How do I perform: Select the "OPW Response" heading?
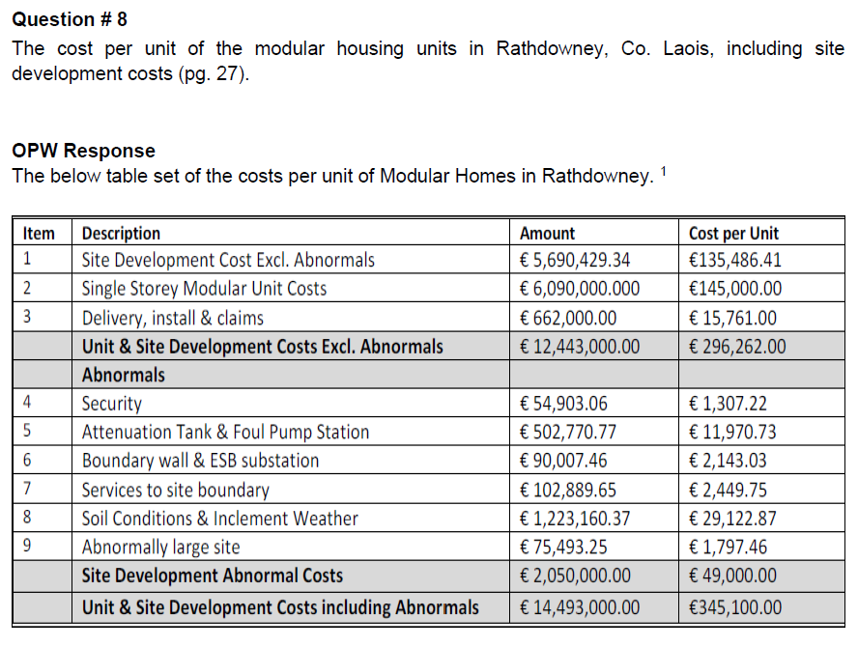(x=83, y=151)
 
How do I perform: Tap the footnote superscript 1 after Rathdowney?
(x=663, y=171)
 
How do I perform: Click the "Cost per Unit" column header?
(x=733, y=233)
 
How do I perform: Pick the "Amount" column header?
(x=547, y=233)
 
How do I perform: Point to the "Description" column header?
(x=121, y=233)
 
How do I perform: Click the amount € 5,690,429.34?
(x=575, y=261)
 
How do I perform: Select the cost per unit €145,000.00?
(x=735, y=289)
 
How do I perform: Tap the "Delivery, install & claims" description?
(x=172, y=318)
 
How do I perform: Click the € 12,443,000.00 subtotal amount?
(x=579, y=346)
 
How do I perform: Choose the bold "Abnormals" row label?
(x=123, y=375)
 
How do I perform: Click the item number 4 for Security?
(x=27, y=404)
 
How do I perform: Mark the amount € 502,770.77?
(x=568, y=432)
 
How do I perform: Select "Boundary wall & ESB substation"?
(x=200, y=461)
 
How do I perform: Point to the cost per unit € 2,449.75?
(x=732, y=490)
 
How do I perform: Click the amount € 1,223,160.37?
(x=575, y=519)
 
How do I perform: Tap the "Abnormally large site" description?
(x=160, y=548)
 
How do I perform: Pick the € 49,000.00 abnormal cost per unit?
(x=732, y=577)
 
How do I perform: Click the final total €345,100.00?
(x=735, y=607)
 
